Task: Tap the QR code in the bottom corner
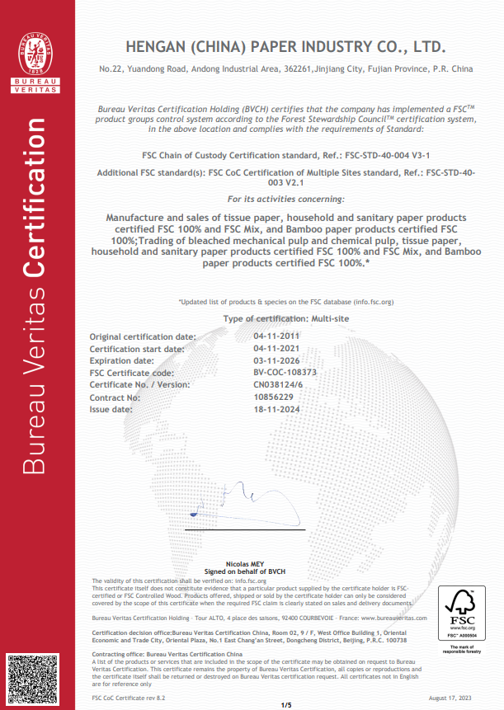point(30,679)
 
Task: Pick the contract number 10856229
point(271,397)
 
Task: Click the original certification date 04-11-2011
point(276,336)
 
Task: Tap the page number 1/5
point(287,703)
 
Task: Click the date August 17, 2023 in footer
point(453,698)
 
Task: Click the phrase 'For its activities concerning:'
point(285,200)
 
